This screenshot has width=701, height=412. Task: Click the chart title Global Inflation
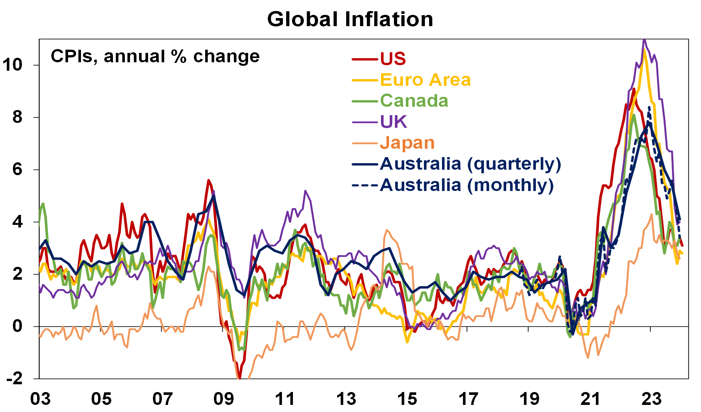350,19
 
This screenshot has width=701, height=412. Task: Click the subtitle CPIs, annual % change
155,57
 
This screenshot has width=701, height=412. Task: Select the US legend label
393,59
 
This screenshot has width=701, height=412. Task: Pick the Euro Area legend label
425,80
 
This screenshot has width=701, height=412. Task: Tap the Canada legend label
414,101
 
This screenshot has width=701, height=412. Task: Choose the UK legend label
394,122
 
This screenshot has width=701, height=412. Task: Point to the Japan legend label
407,143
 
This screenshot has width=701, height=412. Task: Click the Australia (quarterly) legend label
470,164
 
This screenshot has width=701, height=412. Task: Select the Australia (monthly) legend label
466,185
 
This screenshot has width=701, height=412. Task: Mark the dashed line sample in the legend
365,186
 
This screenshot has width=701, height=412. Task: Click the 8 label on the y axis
17,117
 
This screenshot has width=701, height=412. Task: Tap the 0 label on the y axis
17,326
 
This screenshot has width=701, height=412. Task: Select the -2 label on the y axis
15,378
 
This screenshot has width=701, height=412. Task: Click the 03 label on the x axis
40,399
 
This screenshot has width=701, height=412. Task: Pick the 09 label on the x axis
224,399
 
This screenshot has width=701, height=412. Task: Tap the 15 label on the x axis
407,399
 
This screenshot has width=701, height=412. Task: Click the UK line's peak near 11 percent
644,40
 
